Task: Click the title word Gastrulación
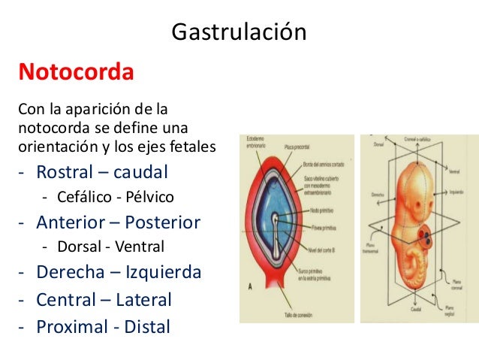pyautogui.click(x=239, y=32)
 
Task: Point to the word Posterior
pyautogui.click(x=164, y=222)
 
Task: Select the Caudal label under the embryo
pyautogui.click(x=414, y=308)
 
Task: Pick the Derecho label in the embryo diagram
pyautogui.click(x=373, y=194)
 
